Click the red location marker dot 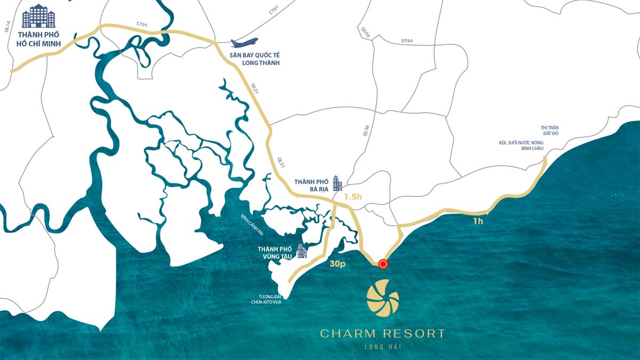click(x=383, y=263)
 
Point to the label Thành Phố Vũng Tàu click(x=275, y=252)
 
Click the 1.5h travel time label click(x=353, y=196)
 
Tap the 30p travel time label click(x=337, y=263)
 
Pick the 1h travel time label click(x=478, y=220)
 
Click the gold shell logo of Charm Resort click(x=382, y=300)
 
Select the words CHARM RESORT click(x=382, y=334)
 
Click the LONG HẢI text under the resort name click(x=382, y=347)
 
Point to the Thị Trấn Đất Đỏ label click(x=549, y=131)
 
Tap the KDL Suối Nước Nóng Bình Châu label click(x=522, y=145)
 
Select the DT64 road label click(x=407, y=41)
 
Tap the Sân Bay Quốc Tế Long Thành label click(x=255, y=59)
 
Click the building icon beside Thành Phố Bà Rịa click(x=337, y=183)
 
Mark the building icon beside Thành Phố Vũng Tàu click(x=302, y=251)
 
